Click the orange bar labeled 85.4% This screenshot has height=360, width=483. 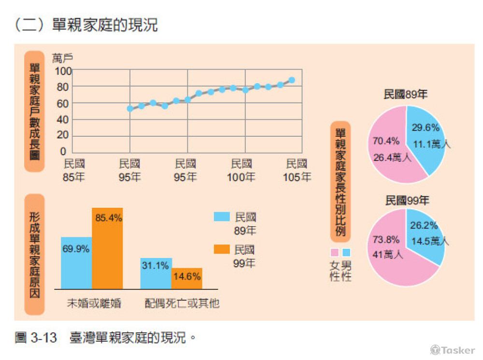(107, 248)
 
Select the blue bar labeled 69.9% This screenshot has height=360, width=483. (76, 263)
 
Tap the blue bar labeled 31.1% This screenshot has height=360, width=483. (156, 273)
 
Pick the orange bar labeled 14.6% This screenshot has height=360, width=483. (186, 278)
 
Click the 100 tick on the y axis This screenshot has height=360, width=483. (63, 71)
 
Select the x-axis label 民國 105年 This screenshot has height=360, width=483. (297, 170)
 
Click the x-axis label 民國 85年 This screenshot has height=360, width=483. (73, 170)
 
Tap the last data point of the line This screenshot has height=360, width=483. (292, 80)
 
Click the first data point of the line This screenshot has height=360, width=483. (130, 109)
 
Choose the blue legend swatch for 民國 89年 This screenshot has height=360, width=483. (222, 217)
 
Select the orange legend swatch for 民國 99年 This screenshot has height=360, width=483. (222, 249)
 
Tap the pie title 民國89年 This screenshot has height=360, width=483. (406, 95)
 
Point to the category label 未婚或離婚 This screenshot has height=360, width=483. (94, 303)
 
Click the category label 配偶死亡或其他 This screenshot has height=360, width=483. (182, 303)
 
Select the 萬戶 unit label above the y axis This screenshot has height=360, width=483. (62, 58)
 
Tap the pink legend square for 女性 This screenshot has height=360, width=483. (334, 253)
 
